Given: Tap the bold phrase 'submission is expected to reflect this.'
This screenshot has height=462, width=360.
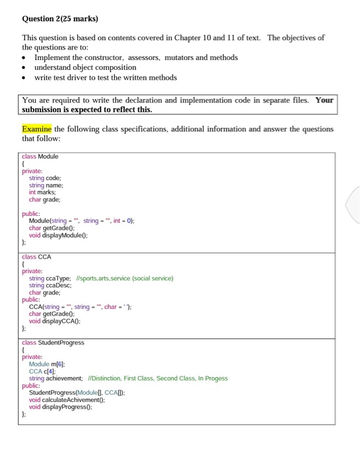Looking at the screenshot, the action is pyautogui.click(x=87, y=110).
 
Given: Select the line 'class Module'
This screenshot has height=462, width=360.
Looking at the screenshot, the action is pyautogui.click(x=40, y=156).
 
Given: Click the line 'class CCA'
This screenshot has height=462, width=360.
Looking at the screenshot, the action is pyautogui.click(x=36, y=257).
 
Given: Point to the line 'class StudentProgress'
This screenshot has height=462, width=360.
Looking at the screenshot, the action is pyautogui.click(x=54, y=343).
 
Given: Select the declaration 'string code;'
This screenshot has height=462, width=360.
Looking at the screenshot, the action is pyautogui.click(x=45, y=178).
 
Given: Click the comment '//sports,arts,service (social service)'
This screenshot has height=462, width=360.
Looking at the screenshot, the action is pyautogui.click(x=125, y=279).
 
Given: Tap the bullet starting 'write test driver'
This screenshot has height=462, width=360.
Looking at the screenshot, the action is pyautogui.click(x=106, y=77).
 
